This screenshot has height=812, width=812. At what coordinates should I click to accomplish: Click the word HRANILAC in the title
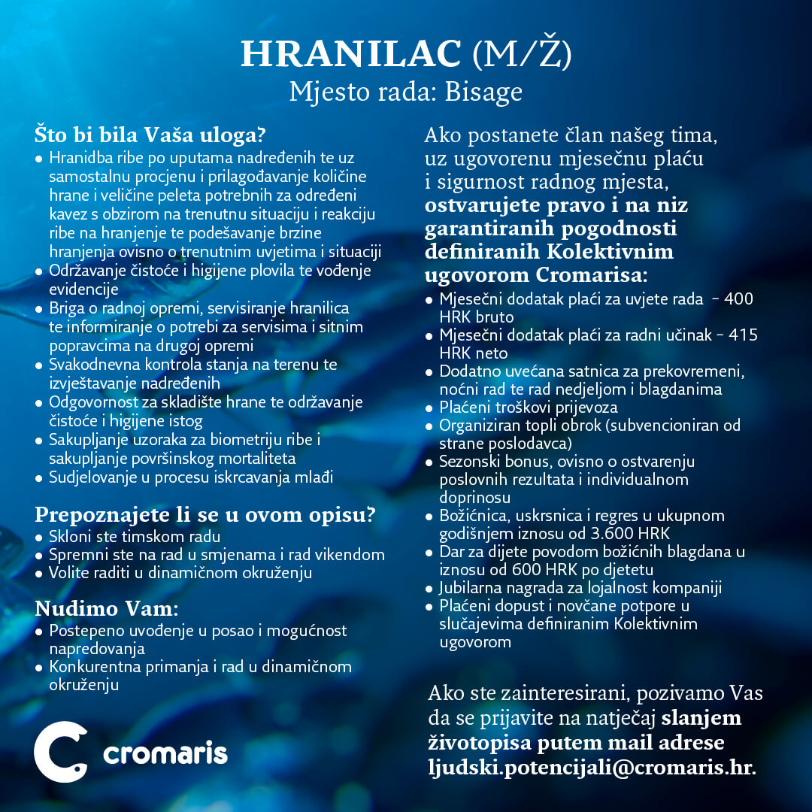tap(351, 53)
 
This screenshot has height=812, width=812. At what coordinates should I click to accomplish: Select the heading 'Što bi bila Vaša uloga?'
tap(150, 136)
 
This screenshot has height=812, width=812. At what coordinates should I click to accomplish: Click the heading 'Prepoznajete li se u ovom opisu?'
tap(205, 516)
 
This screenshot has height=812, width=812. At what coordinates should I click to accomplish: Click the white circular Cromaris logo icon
tap(61, 752)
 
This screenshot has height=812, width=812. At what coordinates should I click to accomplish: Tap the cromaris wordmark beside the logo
tap(165, 753)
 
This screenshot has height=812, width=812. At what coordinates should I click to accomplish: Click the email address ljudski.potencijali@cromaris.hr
tap(592, 768)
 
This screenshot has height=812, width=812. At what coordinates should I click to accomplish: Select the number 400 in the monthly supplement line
tap(738, 299)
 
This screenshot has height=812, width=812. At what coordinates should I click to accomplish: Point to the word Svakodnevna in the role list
tap(97, 365)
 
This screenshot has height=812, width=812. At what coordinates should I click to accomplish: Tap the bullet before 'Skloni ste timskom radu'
tap(39, 538)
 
